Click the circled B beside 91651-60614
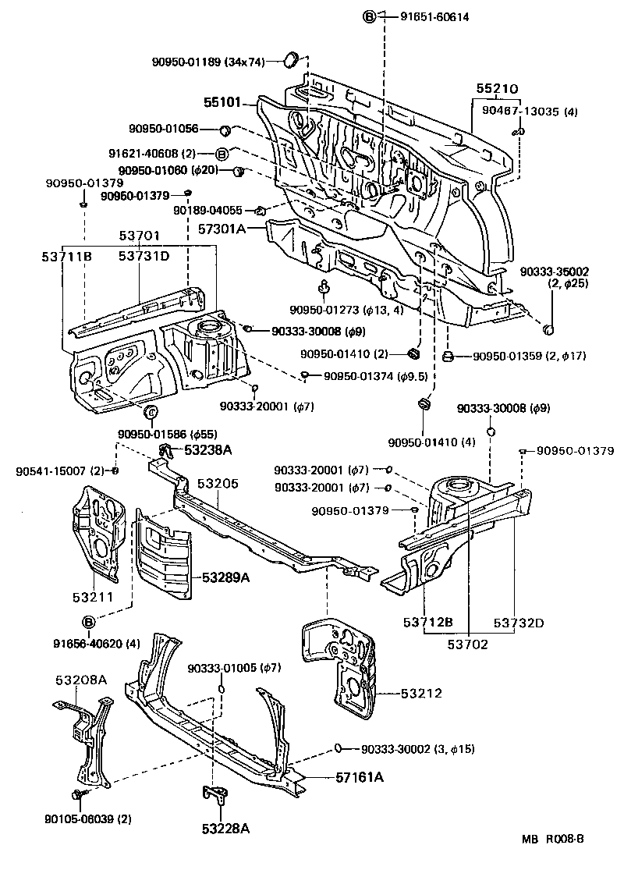(x=370, y=17)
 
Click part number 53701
(x=140, y=235)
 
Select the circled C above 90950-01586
(x=151, y=412)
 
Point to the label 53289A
(x=226, y=577)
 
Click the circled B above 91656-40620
(x=89, y=622)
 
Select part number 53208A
(x=81, y=680)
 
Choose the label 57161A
(x=360, y=777)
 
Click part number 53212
(x=421, y=692)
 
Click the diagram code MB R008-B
(x=552, y=839)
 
